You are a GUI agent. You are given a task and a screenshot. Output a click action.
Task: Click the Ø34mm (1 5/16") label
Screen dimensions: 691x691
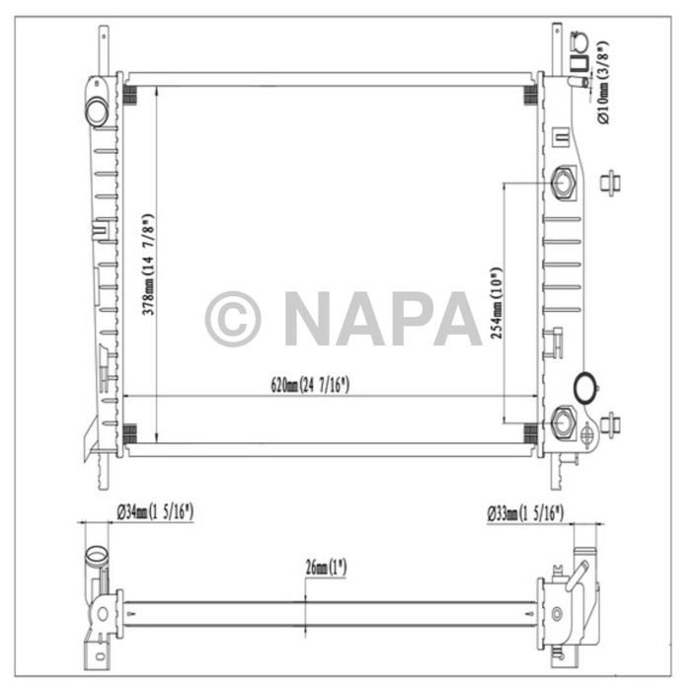pyautogui.click(x=154, y=512)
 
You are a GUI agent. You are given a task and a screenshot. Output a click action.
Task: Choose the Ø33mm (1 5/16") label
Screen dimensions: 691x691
pyautogui.click(x=524, y=512)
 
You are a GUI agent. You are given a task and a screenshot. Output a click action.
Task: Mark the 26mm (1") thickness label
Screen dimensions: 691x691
pyautogui.click(x=327, y=567)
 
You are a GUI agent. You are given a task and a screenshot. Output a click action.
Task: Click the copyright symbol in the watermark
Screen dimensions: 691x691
pyautogui.click(x=233, y=319)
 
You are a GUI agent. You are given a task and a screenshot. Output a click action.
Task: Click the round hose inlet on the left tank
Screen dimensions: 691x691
pyautogui.click(x=96, y=112)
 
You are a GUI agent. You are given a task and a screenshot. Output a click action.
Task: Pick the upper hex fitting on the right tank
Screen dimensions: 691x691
pyautogui.click(x=566, y=184)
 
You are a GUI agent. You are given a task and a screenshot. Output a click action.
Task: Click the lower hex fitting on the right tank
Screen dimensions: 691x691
pyautogui.click(x=565, y=422)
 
